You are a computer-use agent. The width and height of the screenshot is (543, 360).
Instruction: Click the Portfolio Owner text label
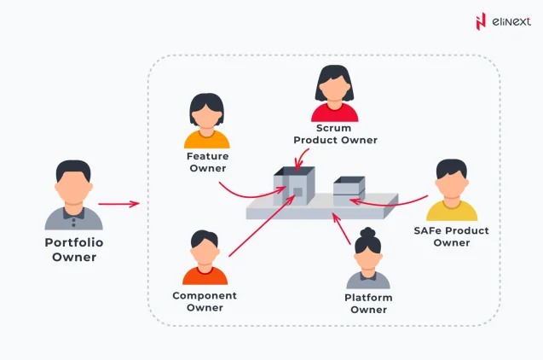(x=74, y=249)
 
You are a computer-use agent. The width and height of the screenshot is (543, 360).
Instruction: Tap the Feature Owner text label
(x=207, y=161)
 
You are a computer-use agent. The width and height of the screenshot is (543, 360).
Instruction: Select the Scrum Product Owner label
(x=335, y=134)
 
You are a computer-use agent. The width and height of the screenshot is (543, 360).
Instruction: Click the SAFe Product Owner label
(x=451, y=236)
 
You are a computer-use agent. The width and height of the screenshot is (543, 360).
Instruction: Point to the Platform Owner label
(x=368, y=303)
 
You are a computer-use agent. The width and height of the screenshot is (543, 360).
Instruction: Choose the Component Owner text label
(x=205, y=301)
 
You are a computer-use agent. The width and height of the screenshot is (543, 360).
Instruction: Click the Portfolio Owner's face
(x=73, y=185)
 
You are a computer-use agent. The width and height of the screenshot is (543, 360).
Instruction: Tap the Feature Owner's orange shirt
(x=207, y=139)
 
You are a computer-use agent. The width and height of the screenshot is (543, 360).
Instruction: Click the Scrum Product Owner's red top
(x=335, y=113)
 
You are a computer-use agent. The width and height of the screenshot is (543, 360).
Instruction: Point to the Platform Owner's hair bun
(x=368, y=232)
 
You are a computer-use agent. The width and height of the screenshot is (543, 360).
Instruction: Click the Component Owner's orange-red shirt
(x=205, y=275)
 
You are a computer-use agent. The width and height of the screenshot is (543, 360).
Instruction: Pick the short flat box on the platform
(x=349, y=189)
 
